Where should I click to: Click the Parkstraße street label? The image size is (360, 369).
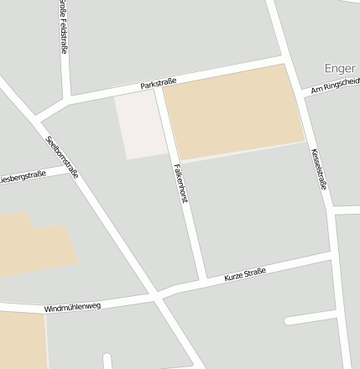point(159,84)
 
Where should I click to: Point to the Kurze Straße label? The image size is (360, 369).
point(245,274)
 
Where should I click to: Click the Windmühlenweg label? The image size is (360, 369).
point(72,307)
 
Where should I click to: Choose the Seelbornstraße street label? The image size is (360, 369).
point(63,157)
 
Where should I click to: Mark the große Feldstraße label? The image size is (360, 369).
point(64,27)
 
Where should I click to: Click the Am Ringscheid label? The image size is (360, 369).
point(334,86)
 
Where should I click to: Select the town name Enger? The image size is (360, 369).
point(341,67)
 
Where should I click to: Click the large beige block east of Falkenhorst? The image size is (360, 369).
point(232,112)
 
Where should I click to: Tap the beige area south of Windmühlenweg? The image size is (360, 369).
point(22,340)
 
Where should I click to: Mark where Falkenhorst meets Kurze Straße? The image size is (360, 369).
point(202,279)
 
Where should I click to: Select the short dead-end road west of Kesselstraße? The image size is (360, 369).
point(310,319)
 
